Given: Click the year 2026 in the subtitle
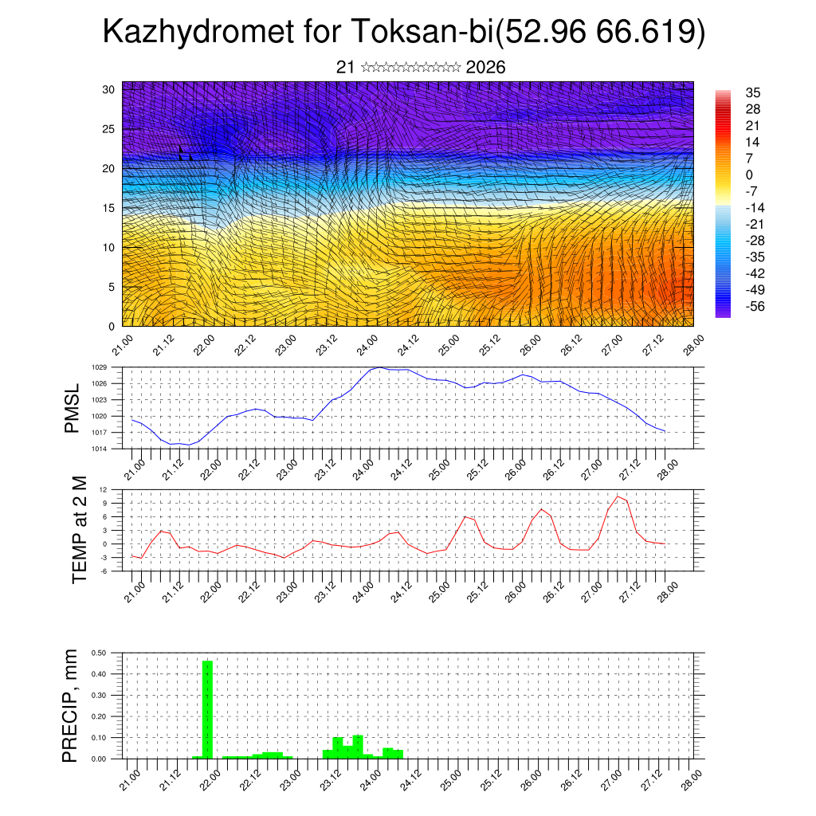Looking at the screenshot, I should tap(485, 68).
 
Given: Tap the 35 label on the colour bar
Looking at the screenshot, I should tap(752, 92).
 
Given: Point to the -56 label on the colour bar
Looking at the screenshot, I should tap(754, 306).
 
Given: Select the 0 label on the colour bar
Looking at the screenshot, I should tap(749, 175).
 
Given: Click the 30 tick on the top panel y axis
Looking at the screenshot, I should tap(110, 89).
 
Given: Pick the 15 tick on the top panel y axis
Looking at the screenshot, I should tap(110, 208).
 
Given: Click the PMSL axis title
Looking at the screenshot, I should tap(72, 408).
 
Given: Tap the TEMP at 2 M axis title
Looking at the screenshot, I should tap(78, 529).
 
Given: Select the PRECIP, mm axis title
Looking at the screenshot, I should tap(72, 705).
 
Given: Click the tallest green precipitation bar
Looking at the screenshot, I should tap(207, 709).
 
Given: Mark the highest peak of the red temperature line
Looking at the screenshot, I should tap(617, 496).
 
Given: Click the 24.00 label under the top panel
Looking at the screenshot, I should tap(367, 347).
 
